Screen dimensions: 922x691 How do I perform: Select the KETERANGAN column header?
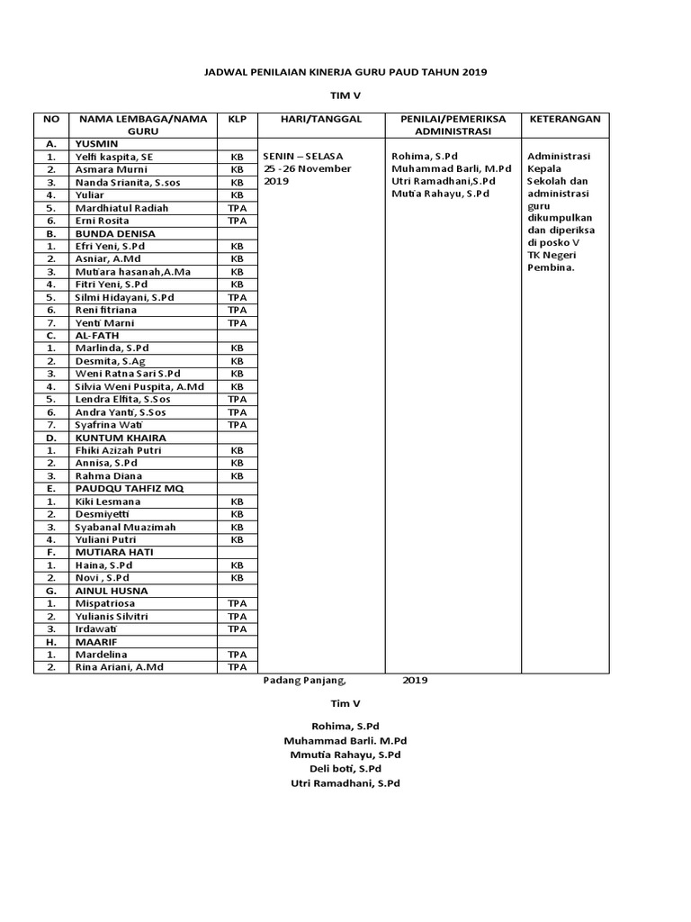(x=565, y=119)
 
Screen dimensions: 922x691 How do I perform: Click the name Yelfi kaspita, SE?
(x=114, y=157)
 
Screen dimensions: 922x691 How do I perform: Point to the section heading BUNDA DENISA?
(x=114, y=233)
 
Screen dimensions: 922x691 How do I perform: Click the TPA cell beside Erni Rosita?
(x=237, y=221)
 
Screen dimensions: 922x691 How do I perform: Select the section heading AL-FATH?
(x=97, y=335)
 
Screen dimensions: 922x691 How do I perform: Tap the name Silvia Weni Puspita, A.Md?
(x=139, y=386)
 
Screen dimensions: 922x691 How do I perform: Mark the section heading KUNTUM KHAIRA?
(x=121, y=438)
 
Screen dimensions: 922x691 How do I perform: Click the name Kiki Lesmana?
(x=108, y=502)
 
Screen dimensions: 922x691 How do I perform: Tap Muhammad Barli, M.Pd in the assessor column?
(x=451, y=168)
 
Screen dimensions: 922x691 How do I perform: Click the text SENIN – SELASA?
(x=303, y=156)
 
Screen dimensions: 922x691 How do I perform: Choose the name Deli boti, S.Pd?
(x=345, y=769)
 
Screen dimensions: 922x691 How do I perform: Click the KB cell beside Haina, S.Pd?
(x=237, y=565)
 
